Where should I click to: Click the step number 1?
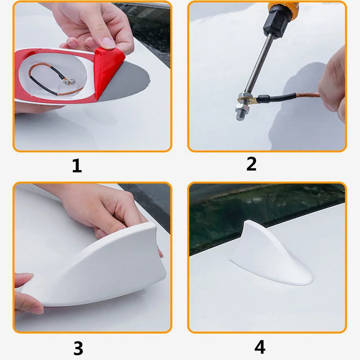coord(77,166)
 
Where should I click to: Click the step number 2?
coord(251,164)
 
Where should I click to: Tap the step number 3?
coord(78,348)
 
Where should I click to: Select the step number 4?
coord(260,347)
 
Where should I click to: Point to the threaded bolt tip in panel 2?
coord(238,115)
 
